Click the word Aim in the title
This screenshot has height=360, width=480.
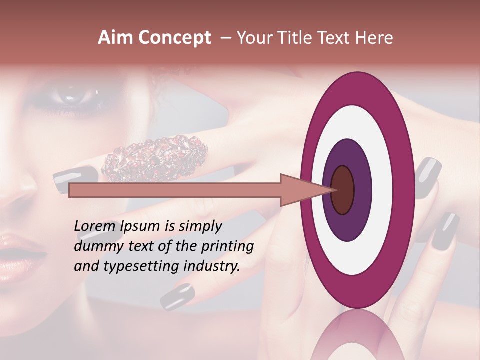(116, 38)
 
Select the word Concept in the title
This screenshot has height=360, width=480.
(175, 38)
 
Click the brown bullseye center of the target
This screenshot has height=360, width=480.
(342, 190)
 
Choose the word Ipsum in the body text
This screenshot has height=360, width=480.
(143, 226)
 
